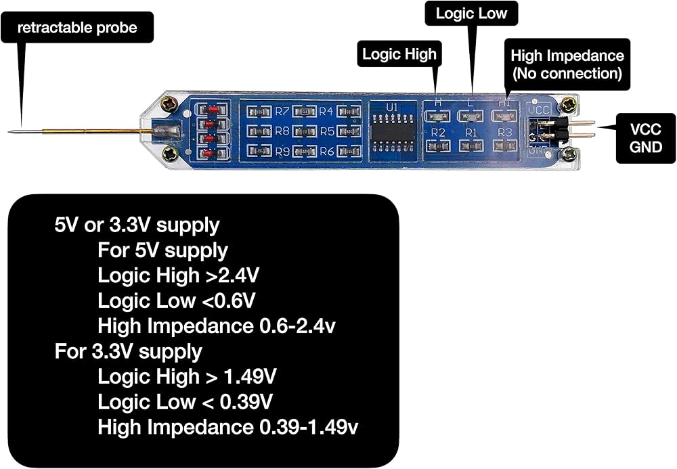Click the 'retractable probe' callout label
tap(77, 28)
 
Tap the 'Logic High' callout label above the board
tap(399, 54)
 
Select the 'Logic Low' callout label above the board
tap(471, 14)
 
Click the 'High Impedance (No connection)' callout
tap(567, 64)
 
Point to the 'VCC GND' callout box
tap(646, 137)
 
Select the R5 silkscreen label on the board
tap(326, 131)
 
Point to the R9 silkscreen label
tap(282, 150)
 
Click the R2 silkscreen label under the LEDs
tap(438, 132)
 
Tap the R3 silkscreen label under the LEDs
tap(504, 132)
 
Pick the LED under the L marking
tap(471, 116)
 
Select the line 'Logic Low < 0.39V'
tap(185, 401)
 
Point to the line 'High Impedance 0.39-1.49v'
tap(227, 426)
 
